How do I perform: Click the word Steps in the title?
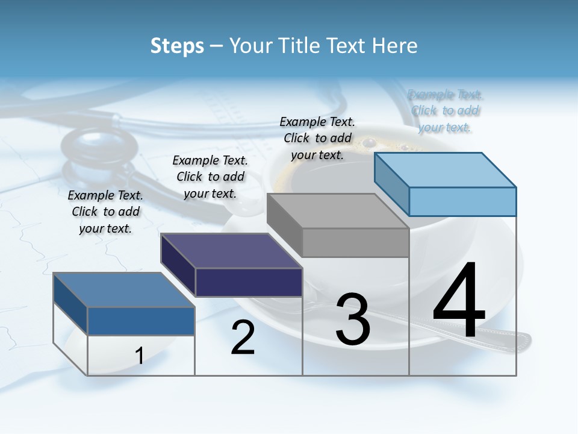coord(177,46)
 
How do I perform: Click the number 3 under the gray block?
coord(353,319)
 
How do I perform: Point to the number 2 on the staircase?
coord(243,338)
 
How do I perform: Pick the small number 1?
coord(140,356)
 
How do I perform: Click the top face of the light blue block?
coord(446,169)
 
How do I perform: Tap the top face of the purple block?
coord(232,250)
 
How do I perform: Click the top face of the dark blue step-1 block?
coord(124,290)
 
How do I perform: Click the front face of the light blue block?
coord(462,201)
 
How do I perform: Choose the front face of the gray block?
coord(355,242)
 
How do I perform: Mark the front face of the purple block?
coord(249,282)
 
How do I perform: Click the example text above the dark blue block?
coord(105,212)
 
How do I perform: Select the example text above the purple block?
coord(210,177)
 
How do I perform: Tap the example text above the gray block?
coord(317,138)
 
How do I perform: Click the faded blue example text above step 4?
coord(445,111)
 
